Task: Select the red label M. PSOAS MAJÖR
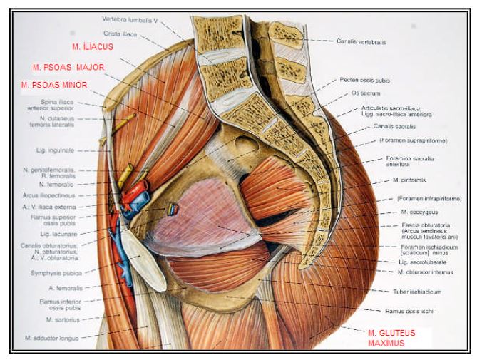point(68,68)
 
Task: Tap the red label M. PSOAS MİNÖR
point(55,84)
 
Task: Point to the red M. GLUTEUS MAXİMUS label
point(391,338)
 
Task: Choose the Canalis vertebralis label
point(361,42)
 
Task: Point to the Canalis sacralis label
point(389,125)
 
